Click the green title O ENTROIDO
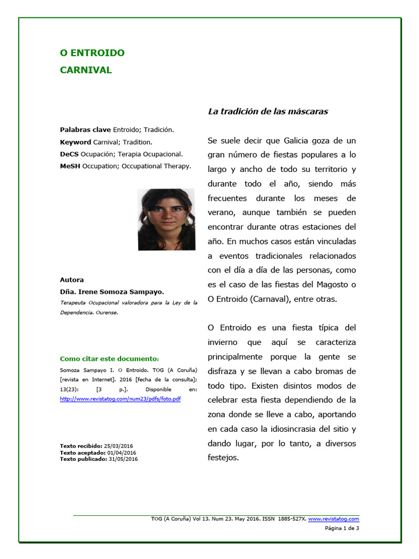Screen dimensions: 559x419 pos(92,53)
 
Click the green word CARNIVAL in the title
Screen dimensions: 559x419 pos(86,70)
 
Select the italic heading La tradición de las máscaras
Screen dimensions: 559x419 pos(268,111)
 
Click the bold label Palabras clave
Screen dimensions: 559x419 pos(85,130)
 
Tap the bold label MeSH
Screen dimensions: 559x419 pos(70,166)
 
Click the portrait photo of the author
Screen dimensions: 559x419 pos(166,219)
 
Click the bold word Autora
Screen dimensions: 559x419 pos(71,279)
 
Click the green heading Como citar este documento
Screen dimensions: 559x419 pos(109,359)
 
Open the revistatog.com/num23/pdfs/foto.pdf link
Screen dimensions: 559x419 pos(120,399)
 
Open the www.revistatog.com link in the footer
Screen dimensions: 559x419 pos(337,519)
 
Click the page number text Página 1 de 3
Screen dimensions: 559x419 pos(342,528)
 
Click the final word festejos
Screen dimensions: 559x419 pos(223,457)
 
